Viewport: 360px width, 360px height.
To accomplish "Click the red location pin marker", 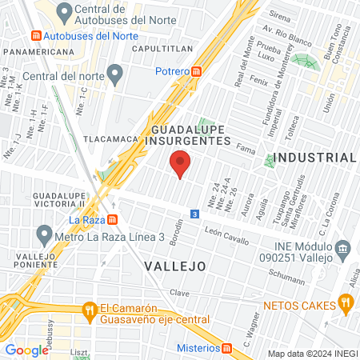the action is pos(181,163).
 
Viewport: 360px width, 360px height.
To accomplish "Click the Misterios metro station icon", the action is pos(228,348).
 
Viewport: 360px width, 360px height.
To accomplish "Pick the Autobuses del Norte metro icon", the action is pos(34,37).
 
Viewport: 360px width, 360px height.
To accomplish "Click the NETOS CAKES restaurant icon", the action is pos(346,302).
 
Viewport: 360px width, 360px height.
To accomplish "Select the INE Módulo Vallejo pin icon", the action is pos(343,247).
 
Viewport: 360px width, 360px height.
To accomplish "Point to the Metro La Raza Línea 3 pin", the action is pos(44,236).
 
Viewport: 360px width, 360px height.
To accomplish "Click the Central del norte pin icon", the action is pos(114,76).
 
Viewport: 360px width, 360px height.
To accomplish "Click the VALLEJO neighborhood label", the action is pos(175,265).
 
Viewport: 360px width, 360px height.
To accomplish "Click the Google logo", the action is pos(27,350).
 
